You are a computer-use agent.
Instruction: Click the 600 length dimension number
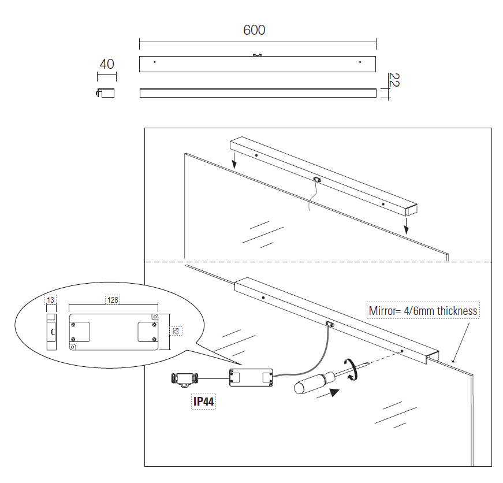254,30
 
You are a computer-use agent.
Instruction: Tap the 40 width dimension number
107,64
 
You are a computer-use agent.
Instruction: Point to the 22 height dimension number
394,80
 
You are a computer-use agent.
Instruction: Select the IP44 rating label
203,402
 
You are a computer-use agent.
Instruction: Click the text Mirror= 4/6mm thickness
423,311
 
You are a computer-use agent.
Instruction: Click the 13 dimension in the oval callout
51,300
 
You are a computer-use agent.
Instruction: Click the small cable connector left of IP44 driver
184,379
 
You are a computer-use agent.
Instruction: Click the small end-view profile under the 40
105,93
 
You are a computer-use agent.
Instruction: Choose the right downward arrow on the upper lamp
406,225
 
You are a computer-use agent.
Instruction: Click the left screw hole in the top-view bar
154,61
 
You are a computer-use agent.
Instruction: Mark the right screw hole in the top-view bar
360,61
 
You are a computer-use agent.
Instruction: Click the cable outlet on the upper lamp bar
316,179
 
